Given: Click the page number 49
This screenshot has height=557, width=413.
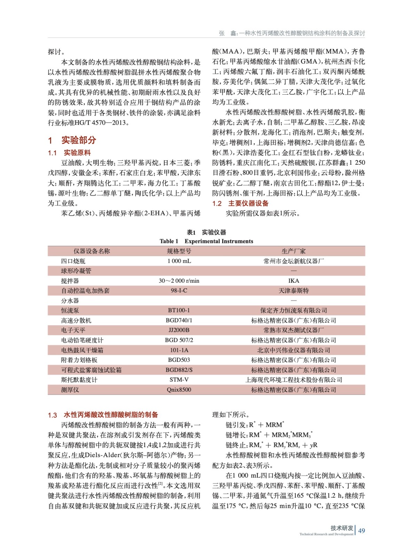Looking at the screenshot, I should (x=362, y=531).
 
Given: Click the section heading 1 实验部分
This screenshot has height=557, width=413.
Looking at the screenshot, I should (x=72, y=140).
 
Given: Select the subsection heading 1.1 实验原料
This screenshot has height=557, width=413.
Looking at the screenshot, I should (x=69, y=152).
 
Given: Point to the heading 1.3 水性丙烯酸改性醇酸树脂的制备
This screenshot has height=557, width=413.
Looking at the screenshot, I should (x=103, y=415).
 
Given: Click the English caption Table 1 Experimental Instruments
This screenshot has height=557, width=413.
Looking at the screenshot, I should (x=206, y=241).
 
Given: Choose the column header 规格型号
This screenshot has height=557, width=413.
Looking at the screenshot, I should (x=179, y=251).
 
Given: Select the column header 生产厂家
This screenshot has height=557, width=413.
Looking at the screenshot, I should (x=293, y=251).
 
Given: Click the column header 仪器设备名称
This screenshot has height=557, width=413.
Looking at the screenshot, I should (x=92, y=251).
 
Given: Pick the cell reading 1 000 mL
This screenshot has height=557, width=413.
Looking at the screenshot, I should (x=179, y=261).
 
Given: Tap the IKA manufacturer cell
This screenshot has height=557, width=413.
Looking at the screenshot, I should (x=293, y=281).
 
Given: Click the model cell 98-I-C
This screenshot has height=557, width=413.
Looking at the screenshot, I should (x=179, y=290).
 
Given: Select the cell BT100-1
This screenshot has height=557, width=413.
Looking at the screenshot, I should (x=179, y=310).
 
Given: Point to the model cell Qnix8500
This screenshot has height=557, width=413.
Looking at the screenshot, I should (x=179, y=390).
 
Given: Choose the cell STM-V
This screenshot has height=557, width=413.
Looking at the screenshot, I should (x=179, y=379).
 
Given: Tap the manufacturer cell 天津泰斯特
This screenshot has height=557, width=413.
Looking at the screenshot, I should (x=293, y=290).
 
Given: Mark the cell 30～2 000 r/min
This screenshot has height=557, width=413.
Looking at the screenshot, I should (x=179, y=281).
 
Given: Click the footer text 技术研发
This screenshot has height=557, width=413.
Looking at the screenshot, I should (x=342, y=528).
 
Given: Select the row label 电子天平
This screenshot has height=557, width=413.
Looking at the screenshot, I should (x=73, y=330).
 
